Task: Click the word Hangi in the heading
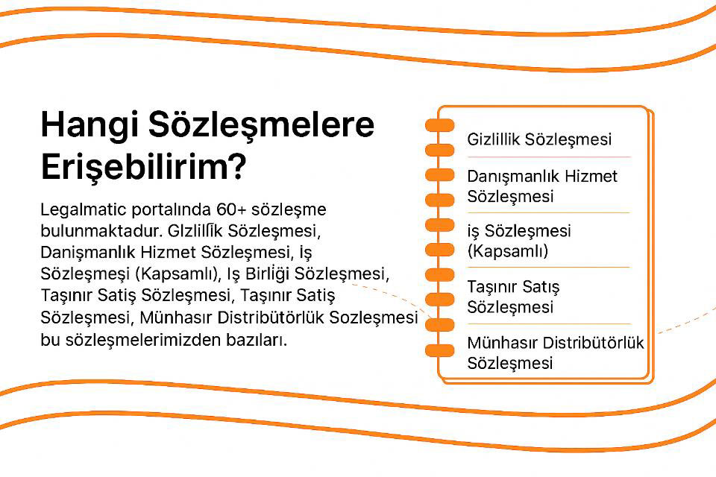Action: [89, 124]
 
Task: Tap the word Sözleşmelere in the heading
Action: [262, 124]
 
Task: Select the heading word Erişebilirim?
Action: [144, 167]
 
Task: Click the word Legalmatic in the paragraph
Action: [83, 210]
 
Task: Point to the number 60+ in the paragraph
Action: [231, 209]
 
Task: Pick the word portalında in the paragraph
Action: [172, 210]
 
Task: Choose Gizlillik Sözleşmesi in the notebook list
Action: [539, 139]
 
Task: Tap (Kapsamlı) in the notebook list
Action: [508, 251]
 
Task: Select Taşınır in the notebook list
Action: [491, 288]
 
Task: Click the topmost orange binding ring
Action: [440, 125]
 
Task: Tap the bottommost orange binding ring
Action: [440, 350]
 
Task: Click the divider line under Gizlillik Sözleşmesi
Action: [549, 157]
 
